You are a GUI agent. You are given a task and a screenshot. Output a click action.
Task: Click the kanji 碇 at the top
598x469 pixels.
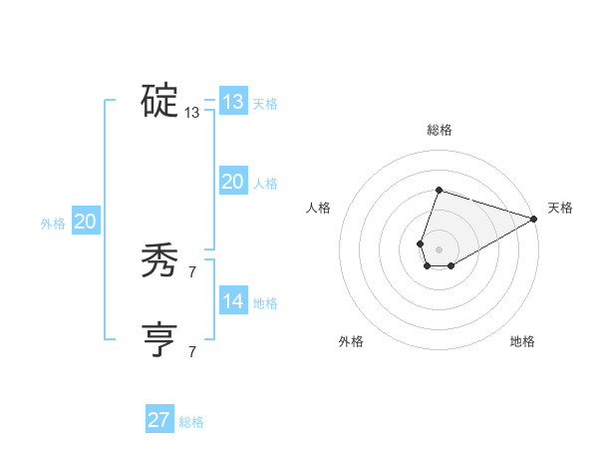pos(159,101)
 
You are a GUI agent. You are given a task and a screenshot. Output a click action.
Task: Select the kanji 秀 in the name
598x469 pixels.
pos(159,260)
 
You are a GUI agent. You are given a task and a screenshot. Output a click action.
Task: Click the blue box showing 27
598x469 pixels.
pos(159,420)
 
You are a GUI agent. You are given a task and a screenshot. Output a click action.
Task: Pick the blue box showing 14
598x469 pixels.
pos(233,301)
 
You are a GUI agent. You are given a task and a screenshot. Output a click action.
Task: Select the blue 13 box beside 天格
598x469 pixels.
pos(233,102)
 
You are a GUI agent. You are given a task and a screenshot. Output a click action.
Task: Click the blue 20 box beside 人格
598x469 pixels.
pos(233,182)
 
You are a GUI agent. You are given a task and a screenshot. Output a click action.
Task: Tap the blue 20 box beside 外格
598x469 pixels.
pos(85,222)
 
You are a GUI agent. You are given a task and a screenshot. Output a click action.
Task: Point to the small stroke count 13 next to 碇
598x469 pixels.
pos(192,113)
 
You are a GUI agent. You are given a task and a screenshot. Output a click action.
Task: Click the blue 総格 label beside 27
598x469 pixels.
pos(191,422)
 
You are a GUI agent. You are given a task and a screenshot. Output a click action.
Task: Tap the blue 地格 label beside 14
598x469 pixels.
pos(265,303)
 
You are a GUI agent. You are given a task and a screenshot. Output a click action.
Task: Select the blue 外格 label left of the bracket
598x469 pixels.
pos(53,224)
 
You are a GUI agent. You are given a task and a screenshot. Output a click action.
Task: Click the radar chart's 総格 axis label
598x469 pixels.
pos(439,130)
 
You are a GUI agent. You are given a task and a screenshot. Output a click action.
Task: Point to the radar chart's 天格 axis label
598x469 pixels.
pos(560,208)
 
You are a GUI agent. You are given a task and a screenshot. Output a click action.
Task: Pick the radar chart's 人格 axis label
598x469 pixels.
pos(318,208)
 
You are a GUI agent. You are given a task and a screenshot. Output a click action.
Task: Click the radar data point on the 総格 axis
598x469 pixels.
pos(439,189)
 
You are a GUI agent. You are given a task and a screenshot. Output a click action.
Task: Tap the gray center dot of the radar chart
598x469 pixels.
pos(439,247)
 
